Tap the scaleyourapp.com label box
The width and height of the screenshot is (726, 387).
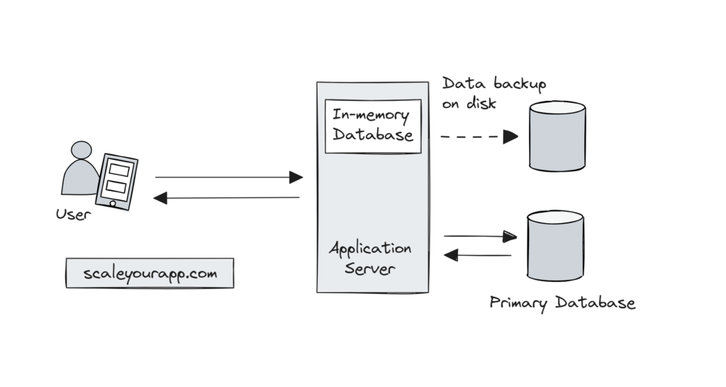point(149,273)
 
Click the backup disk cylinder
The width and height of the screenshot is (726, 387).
point(557,136)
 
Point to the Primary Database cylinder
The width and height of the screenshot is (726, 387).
point(555,245)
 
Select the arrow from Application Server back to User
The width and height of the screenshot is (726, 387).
point(227,198)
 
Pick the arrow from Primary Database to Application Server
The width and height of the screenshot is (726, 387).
point(477,255)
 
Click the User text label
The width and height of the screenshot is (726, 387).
point(74,214)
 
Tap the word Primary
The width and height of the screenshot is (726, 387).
point(518,304)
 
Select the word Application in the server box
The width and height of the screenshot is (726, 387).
point(369,249)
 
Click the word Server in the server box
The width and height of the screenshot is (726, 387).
point(369,270)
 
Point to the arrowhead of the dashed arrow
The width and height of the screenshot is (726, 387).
point(511,136)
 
